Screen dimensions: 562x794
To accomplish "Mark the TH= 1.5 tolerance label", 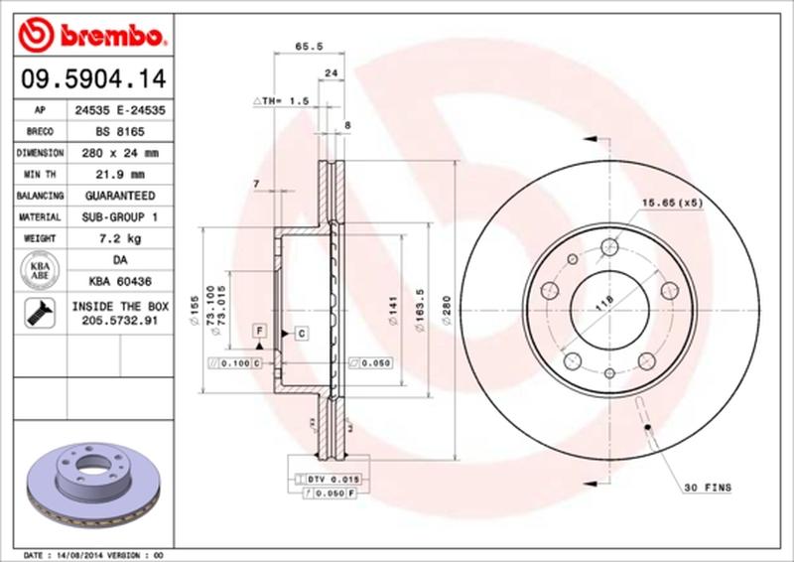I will [x=283, y=101].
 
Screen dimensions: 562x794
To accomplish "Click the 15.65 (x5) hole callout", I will [x=670, y=203].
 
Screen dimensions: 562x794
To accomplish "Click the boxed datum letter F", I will [x=258, y=329].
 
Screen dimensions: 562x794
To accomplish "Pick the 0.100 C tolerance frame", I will [x=234, y=364].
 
